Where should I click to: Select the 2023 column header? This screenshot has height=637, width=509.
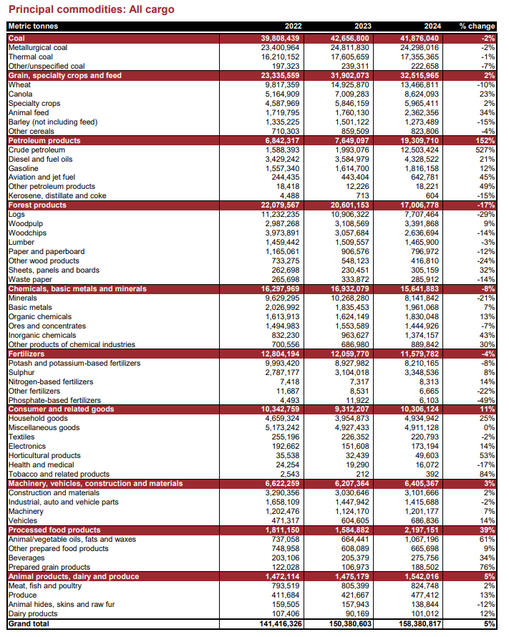click(x=361, y=26)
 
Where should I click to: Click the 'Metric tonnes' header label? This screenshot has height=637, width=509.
click(x=33, y=26)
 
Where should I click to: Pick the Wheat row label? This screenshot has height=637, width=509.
click(x=19, y=84)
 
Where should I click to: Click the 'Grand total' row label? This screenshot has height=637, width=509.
click(x=29, y=623)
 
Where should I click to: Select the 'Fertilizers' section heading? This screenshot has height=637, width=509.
click(x=26, y=354)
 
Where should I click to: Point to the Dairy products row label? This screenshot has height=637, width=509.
click(x=33, y=613)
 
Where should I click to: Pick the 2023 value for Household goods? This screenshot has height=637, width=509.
click(x=350, y=419)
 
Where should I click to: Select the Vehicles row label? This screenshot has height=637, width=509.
click(x=23, y=520)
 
